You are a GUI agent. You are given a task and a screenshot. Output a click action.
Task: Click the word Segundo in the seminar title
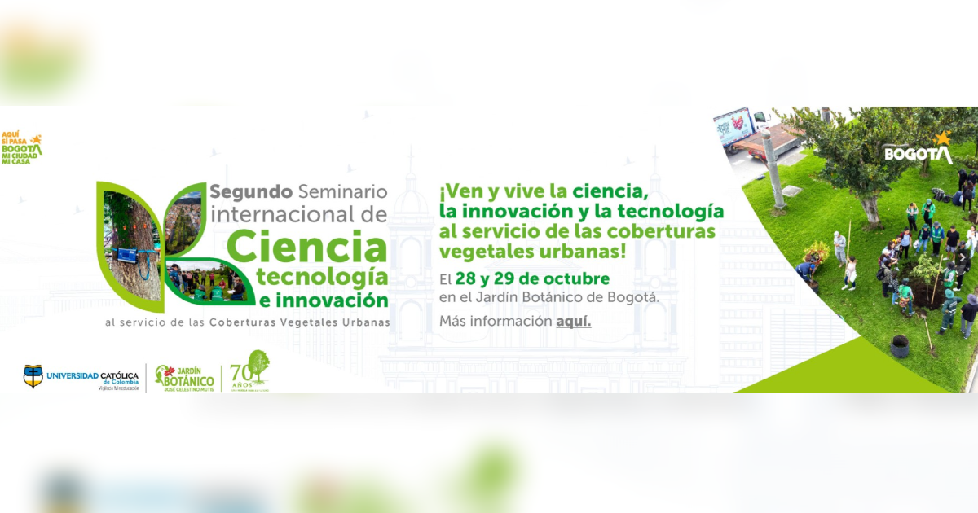(251, 192)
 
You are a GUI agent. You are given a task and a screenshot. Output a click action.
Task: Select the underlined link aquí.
(574, 321)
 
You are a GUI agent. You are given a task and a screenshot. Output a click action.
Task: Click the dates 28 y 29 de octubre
(532, 279)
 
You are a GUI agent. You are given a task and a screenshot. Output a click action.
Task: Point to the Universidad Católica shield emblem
(33, 376)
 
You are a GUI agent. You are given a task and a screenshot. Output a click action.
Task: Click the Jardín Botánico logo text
(186, 377)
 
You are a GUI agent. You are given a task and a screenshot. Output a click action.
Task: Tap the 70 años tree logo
(250, 370)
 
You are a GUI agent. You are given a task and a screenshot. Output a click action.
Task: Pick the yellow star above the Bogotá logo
(943, 138)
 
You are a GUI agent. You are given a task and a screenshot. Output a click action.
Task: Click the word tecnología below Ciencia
(321, 274)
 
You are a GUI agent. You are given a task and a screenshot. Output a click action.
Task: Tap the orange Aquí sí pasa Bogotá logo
(21, 149)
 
